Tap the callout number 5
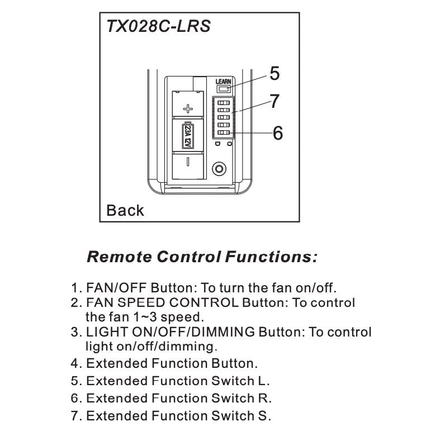274,73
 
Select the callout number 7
274,102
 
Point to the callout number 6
278,133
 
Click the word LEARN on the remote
224,82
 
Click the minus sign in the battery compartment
188,162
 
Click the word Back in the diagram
125,211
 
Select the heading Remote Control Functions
203,257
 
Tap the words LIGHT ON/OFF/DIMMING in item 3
170,332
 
